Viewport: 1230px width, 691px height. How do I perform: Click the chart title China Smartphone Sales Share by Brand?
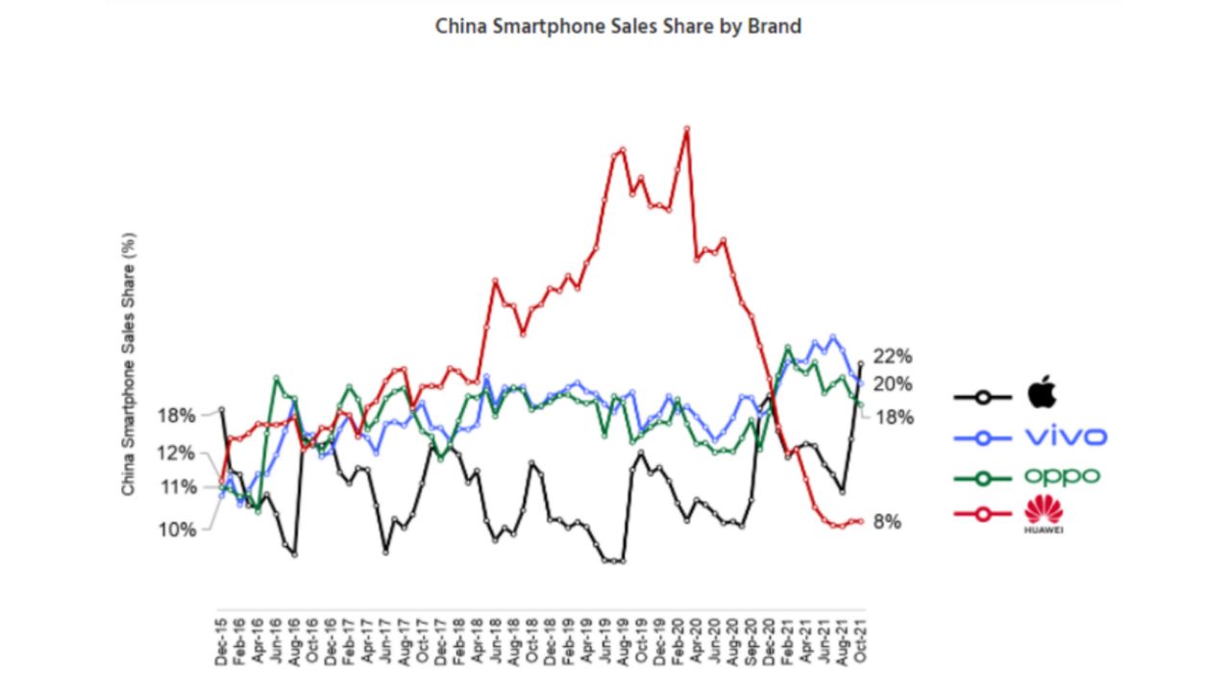pyautogui.click(x=618, y=26)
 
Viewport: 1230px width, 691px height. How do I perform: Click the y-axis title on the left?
pyautogui.click(x=129, y=364)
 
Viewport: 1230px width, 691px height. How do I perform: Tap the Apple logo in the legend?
pyautogui.click(x=1042, y=394)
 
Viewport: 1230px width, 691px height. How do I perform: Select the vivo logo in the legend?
pyautogui.click(x=1066, y=437)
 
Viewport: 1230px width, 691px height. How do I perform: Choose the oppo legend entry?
pyautogui.click(x=1061, y=476)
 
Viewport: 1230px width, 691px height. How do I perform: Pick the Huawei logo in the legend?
pyautogui.click(x=1043, y=514)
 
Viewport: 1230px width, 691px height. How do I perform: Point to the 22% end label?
pyautogui.click(x=892, y=357)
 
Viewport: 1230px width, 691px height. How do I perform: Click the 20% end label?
pyautogui.click(x=892, y=384)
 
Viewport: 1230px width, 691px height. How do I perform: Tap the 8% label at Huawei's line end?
pyautogui.click(x=887, y=522)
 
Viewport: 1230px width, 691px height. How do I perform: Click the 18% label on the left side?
pyautogui.click(x=177, y=415)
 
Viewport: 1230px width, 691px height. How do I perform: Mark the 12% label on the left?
pyautogui.click(x=177, y=454)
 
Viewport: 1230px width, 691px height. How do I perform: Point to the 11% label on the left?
pyautogui.click(x=177, y=487)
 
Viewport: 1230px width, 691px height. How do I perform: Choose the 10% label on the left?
pyautogui.click(x=177, y=530)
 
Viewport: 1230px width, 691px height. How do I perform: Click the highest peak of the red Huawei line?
pyautogui.click(x=686, y=127)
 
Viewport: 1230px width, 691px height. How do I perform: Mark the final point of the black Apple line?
pyautogui.click(x=861, y=363)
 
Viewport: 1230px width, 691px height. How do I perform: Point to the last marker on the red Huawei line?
pyautogui.click(x=861, y=522)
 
